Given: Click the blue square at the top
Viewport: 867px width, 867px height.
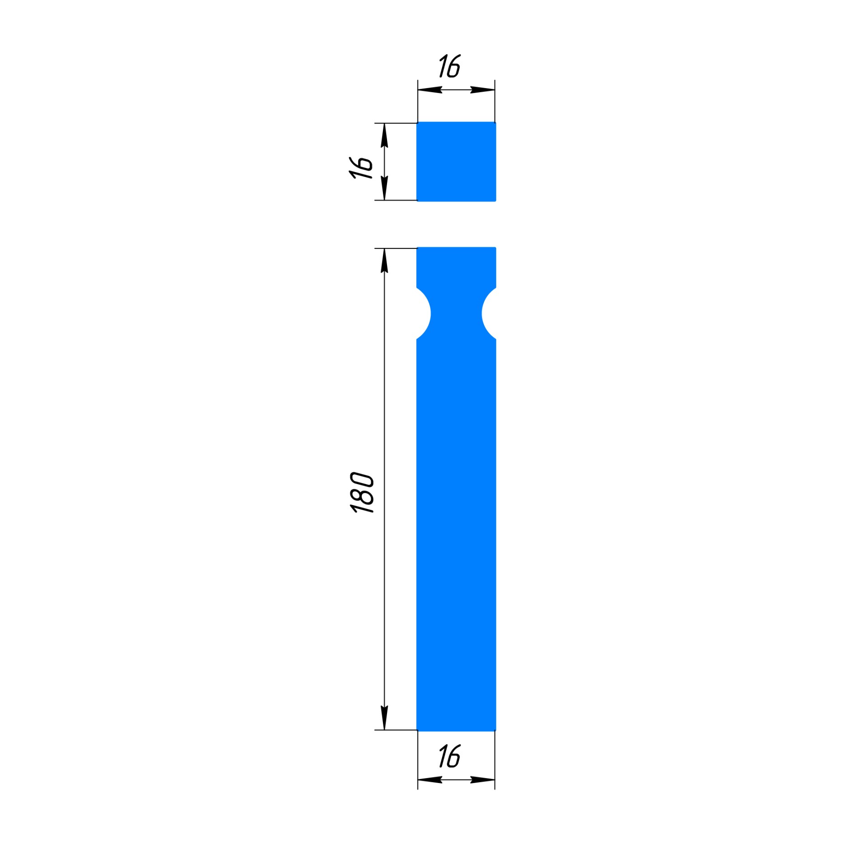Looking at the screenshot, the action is coord(456,162).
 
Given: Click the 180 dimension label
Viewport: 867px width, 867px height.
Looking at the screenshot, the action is coord(362,493).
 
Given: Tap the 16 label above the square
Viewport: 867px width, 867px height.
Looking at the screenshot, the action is coord(450,66).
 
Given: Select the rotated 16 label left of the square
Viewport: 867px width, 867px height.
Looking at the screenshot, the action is coord(361,168).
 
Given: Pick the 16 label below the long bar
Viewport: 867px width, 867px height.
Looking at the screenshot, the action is coord(450,756).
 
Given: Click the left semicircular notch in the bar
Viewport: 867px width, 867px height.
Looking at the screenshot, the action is coord(423,313).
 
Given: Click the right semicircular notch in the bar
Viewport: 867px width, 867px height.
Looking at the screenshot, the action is coord(489,313).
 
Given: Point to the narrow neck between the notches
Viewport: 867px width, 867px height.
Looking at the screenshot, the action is coord(456,313).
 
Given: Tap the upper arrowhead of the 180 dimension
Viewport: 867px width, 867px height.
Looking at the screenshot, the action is coord(384,261).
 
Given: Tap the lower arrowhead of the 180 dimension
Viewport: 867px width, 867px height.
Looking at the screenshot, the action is coord(384,718).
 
